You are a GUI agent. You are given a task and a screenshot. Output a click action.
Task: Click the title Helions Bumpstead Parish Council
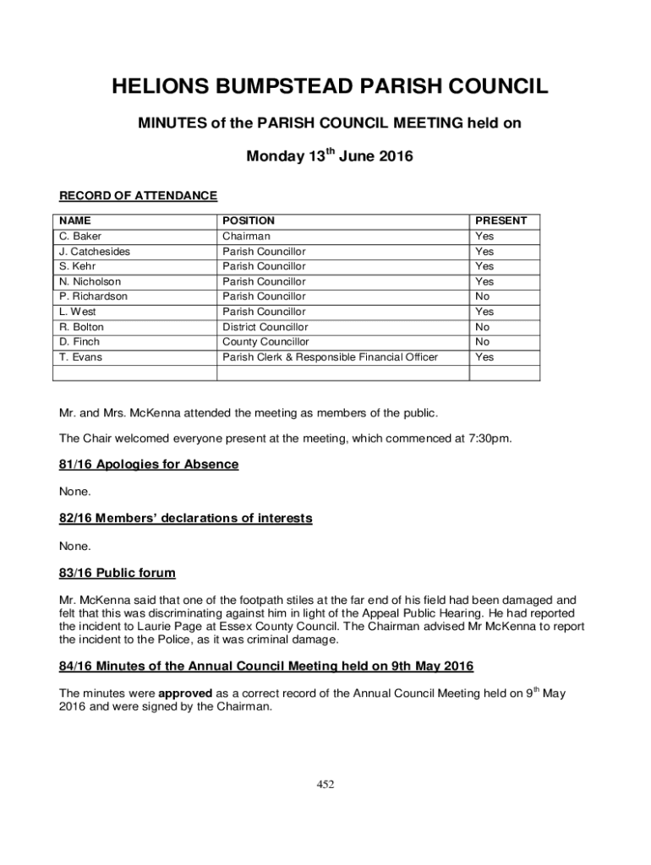click(x=330, y=87)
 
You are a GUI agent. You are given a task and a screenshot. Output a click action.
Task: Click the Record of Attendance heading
click(x=138, y=196)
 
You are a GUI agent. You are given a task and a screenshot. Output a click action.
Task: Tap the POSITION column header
click(x=249, y=220)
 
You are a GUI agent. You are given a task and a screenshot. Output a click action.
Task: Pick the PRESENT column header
click(x=501, y=220)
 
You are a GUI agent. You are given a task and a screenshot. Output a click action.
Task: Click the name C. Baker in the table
click(x=80, y=237)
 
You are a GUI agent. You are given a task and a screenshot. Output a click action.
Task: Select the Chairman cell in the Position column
click(x=246, y=237)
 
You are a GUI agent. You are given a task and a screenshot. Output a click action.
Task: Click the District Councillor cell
click(x=265, y=327)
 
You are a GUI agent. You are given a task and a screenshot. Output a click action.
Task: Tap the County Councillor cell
click(x=265, y=342)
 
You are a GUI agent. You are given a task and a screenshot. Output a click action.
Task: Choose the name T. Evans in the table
click(x=80, y=357)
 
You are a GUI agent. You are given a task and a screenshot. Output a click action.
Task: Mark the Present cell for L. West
click(x=484, y=312)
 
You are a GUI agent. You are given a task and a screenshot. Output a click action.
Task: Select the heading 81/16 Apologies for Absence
click(x=149, y=465)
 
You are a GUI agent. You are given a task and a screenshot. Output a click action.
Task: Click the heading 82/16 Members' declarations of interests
click(x=185, y=518)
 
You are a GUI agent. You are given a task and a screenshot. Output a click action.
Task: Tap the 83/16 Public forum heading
click(x=118, y=573)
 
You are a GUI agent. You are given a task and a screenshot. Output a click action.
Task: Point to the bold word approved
click(x=185, y=694)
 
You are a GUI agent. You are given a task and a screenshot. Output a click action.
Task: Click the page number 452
click(x=325, y=785)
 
